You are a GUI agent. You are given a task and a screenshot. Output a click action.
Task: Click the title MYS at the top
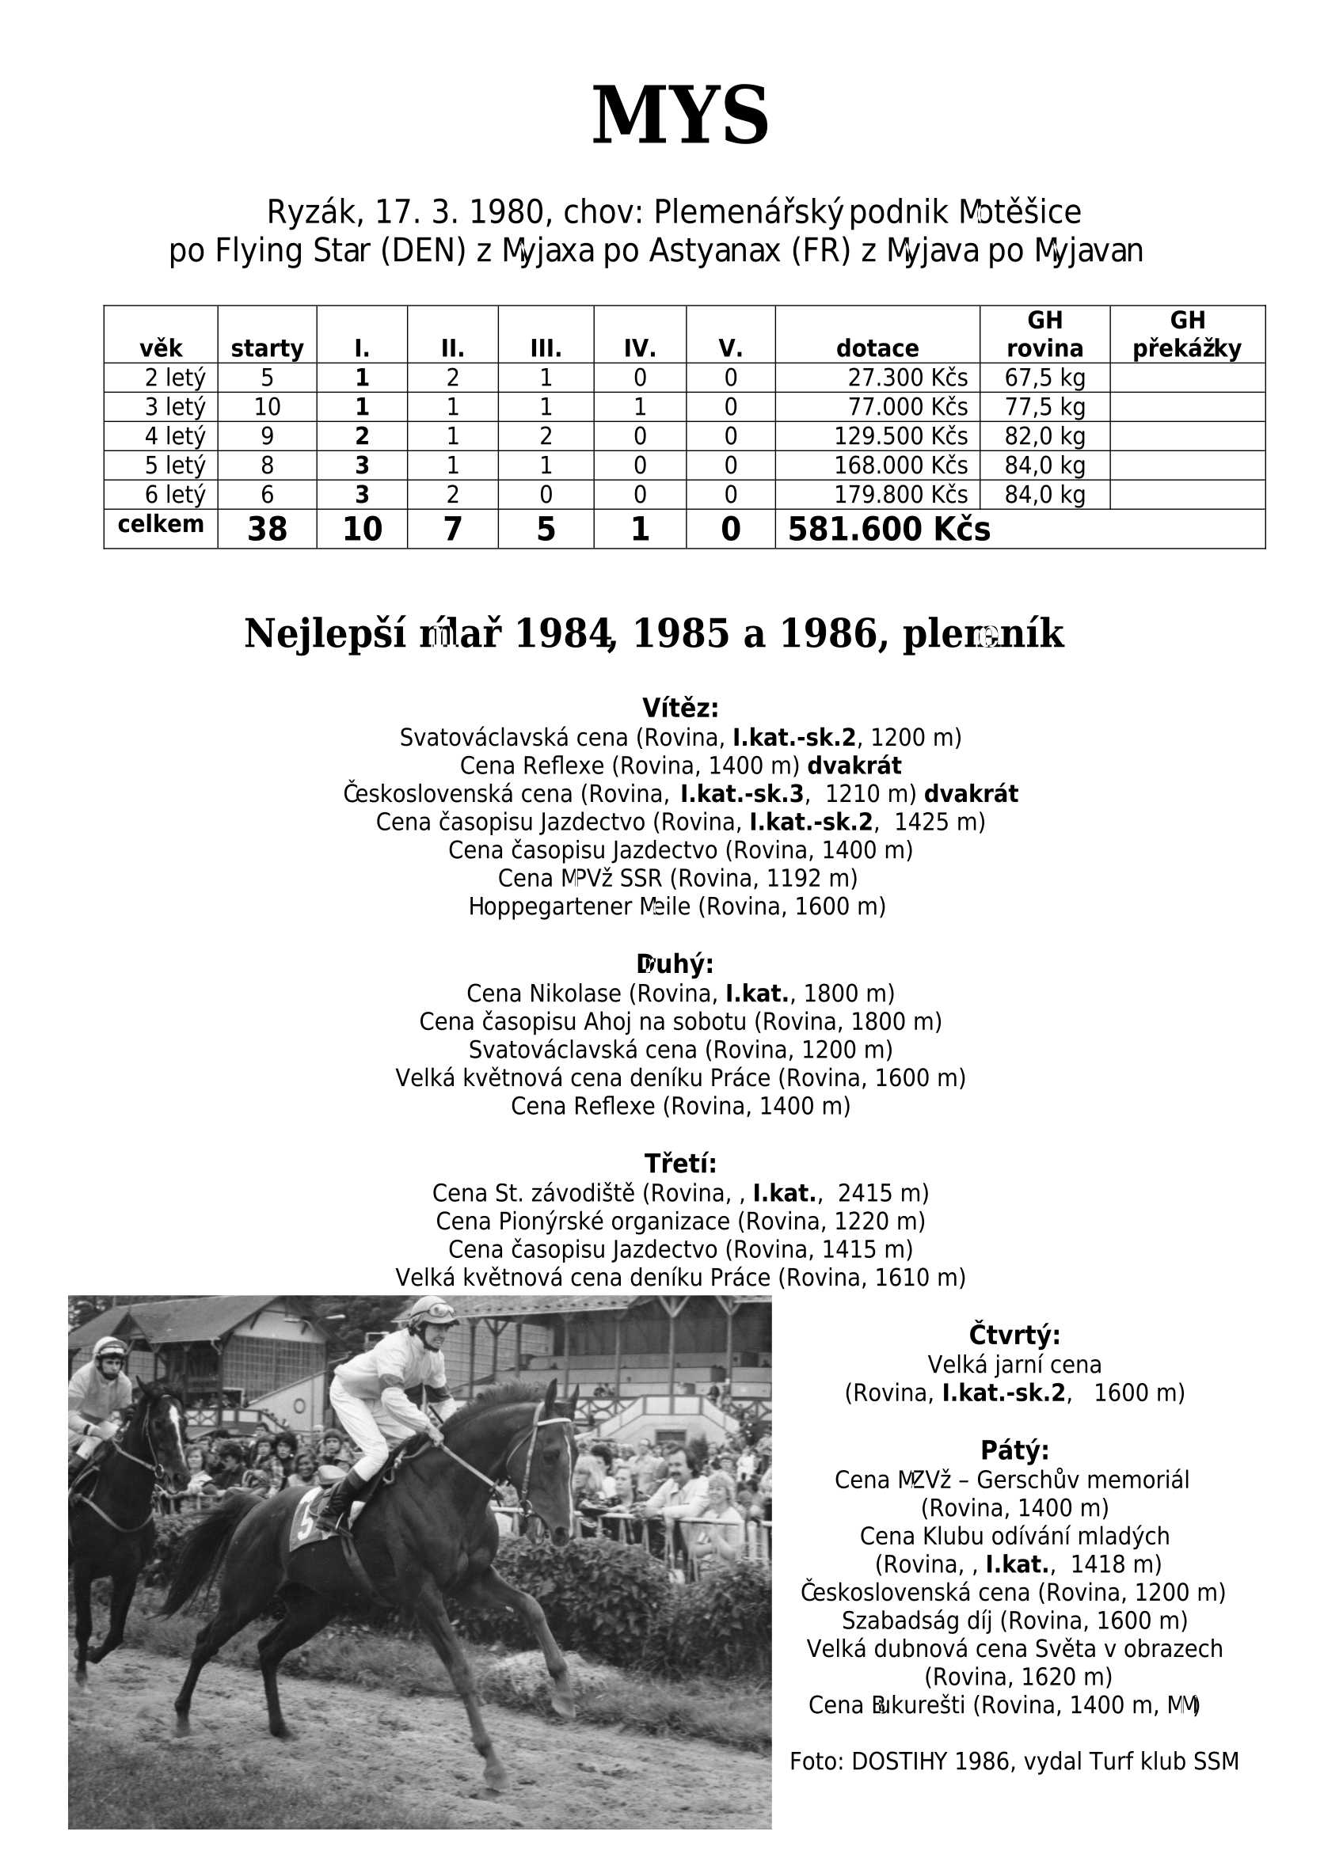click(680, 116)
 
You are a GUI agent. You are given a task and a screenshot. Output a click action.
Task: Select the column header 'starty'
click(267, 349)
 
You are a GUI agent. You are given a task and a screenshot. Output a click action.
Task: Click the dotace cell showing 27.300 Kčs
click(907, 378)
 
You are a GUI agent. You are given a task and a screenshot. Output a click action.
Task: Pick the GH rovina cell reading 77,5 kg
click(1044, 408)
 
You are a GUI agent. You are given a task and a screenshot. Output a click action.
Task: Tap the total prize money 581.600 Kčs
click(888, 530)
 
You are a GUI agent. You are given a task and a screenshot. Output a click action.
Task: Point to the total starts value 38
click(267, 530)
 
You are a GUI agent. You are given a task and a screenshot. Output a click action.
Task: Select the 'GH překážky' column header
click(1186, 335)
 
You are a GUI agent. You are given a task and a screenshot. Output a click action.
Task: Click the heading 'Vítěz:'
click(680, 709)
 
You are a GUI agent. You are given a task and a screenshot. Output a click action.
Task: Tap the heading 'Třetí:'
click(680, 1164)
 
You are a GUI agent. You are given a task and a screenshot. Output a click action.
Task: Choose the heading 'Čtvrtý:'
click(1014, 1336)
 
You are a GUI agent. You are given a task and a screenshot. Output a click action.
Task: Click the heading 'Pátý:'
click(1014, 1450)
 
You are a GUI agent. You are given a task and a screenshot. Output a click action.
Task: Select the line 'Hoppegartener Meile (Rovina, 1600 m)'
click(677, 906)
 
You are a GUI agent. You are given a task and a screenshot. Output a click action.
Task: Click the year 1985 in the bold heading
click(681, 634)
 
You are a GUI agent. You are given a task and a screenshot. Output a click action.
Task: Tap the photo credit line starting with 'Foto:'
click(1014, 1762)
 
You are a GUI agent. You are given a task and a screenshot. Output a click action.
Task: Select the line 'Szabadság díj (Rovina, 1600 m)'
click(1014, 1620)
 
